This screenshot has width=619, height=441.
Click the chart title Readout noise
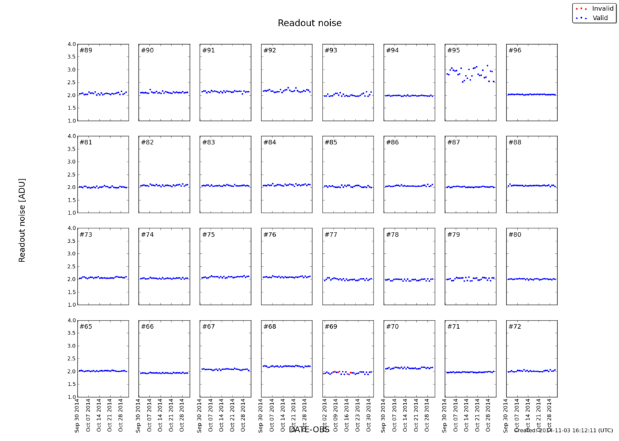[309, 23]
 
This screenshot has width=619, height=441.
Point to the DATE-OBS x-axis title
[309, 429]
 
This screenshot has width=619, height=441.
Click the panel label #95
[453, 51]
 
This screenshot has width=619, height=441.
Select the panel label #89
[86, 51]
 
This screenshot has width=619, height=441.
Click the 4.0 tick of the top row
[72, 45]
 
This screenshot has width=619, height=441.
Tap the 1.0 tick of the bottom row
[72, 397]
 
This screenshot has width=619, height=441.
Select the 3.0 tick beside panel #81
[72, 162]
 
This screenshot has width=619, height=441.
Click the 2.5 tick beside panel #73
[72, 266]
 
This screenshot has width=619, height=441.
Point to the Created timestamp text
[563, 430]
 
